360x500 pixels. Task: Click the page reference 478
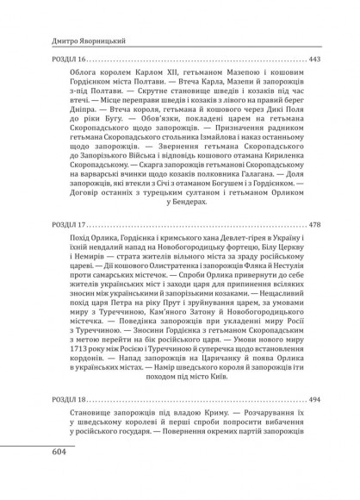pyautogui.click(x=314, y=222)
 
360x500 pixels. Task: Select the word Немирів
pyautogui.click(x=67, y=258)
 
